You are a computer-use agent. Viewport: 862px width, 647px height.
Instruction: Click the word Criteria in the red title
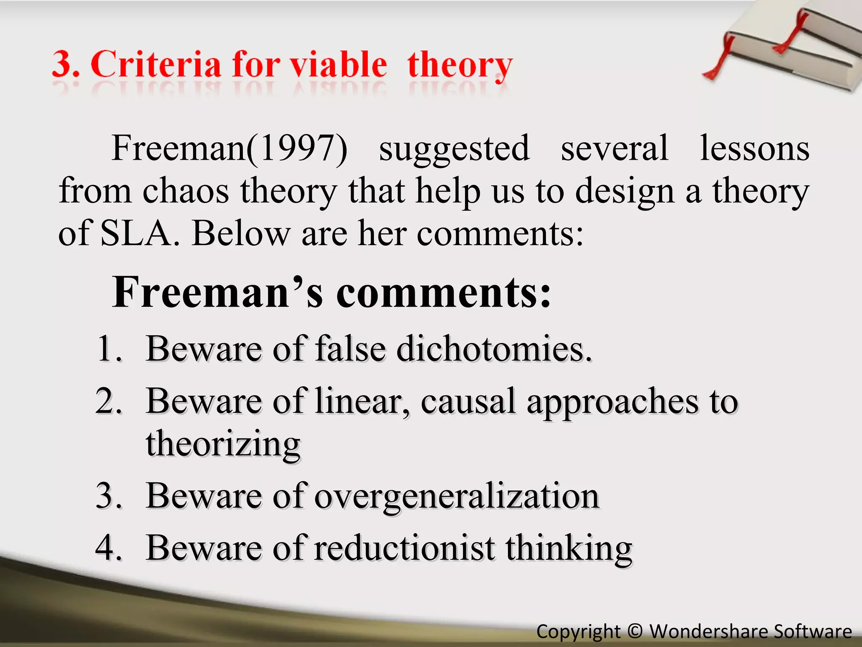point(156,64)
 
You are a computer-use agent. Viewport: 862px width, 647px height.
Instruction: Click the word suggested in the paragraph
point(454,148)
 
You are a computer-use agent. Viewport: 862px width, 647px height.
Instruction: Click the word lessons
point(754,148)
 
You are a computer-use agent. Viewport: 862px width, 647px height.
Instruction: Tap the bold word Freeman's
point(217,292)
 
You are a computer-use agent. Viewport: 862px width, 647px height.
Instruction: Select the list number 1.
point(109,349)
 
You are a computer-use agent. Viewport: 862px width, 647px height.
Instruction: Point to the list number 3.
point(109,495)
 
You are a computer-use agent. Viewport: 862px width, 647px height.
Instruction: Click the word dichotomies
point(494,349)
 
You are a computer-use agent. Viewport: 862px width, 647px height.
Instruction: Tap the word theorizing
point(223,444)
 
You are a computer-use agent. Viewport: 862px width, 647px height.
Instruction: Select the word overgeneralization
point(457,496)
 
